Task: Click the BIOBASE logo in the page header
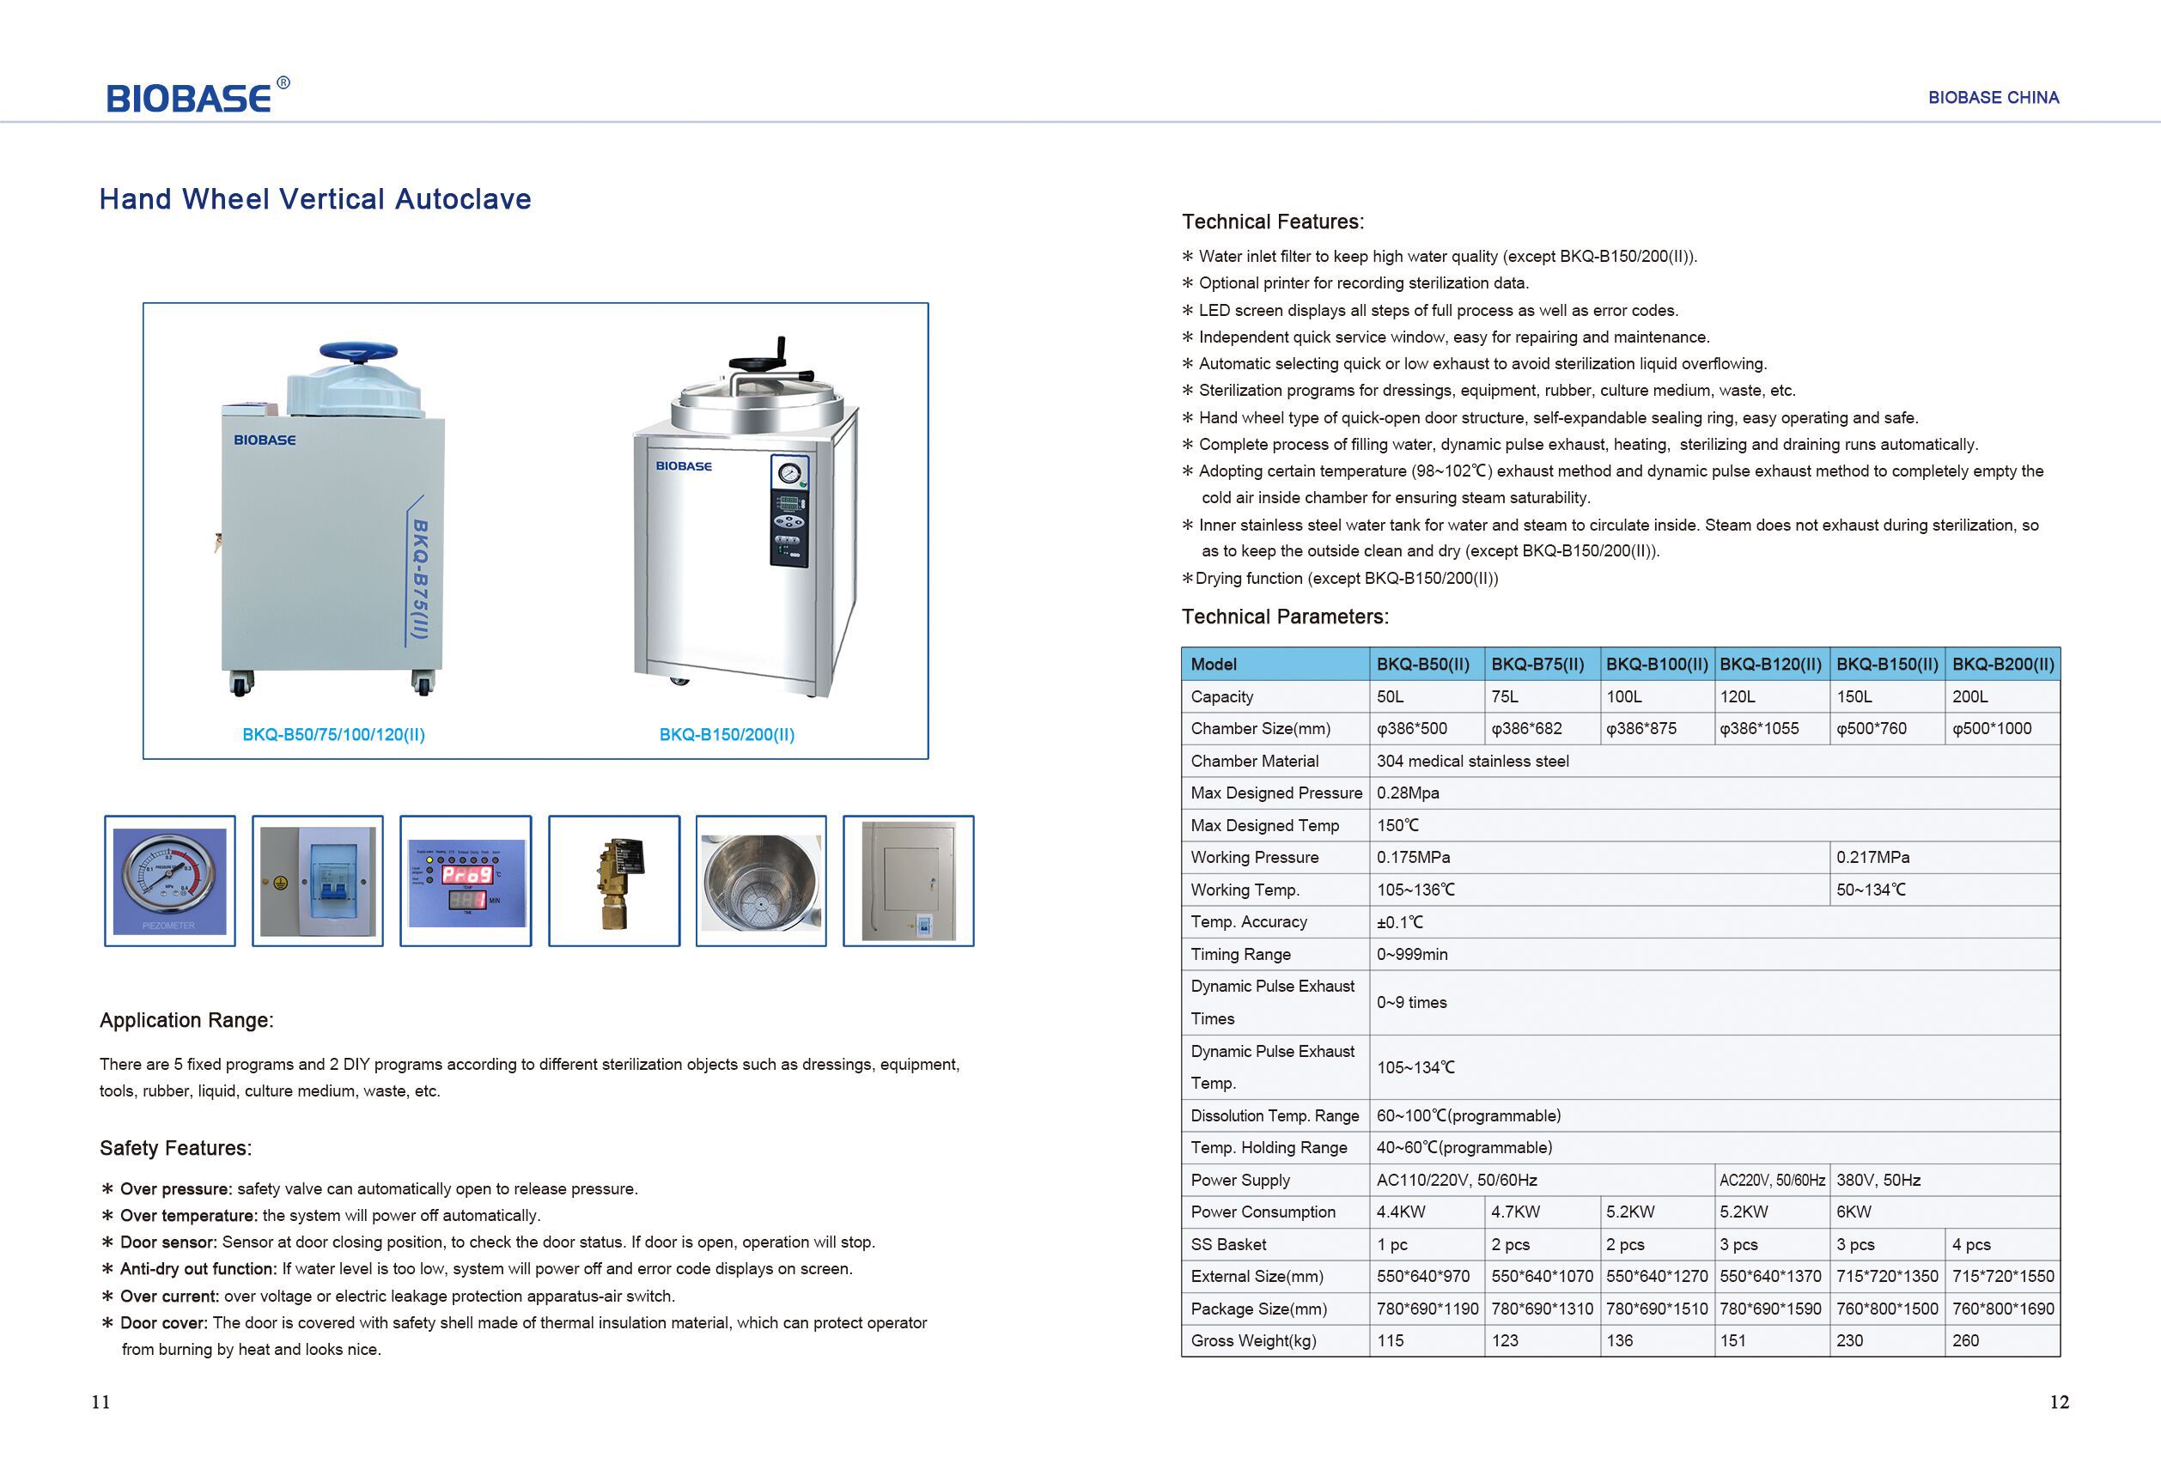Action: pyautogui.click(x=189, y=98)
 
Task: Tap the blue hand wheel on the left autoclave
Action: pyautogui.click(x=358, y=352)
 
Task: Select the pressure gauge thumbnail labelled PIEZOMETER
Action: pyautogui.click(x=169, y=880)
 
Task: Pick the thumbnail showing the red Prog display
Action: pyautogui.click(x=466, y=880)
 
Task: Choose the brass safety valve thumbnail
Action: pyautogui.click(x=614, y=880)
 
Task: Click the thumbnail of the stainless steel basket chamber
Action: pyautogui.click(x=761, y=880)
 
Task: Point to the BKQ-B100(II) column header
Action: pyautogui.click(x=1656, y=664)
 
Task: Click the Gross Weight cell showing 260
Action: pyautogui.click(x=1966, y=1340)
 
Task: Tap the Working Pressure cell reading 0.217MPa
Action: pyautogui.click(x=1872, y=857)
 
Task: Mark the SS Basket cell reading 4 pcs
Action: pyautogui.click(x=1971, y=1243)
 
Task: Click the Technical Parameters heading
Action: pyautogui.click(x=1284, y=617)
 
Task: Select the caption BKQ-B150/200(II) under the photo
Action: pyautogui.click(x=727, y=734)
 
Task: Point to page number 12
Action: pyautogui.click(x=2059, y=1401)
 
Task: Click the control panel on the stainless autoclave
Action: pyautogui.click(x=788, y=511)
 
